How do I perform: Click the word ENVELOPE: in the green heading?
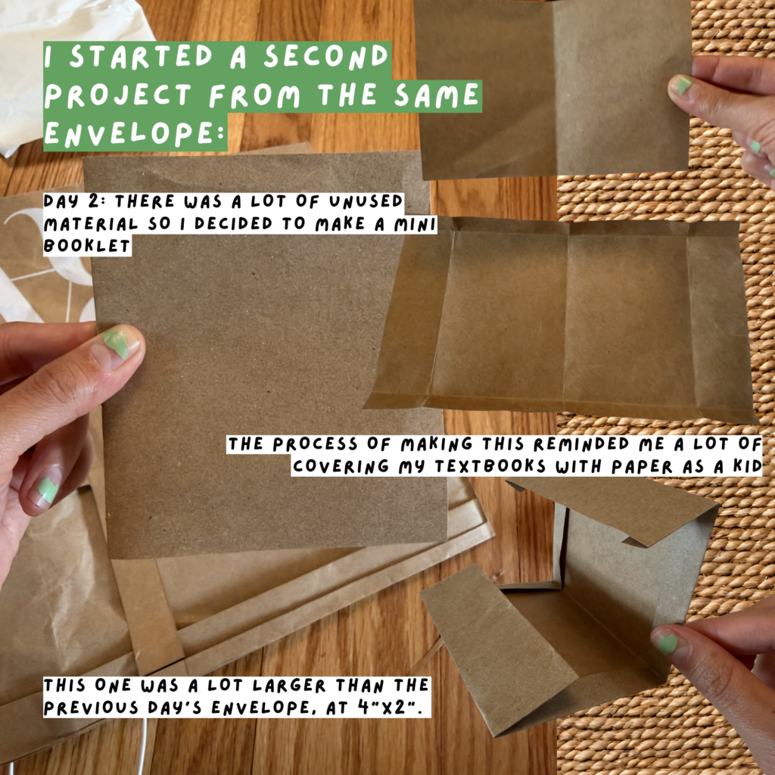point(135,132)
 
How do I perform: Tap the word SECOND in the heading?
point(325,56)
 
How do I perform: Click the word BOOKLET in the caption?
point(86,246)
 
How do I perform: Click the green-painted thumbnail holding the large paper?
point(117,343)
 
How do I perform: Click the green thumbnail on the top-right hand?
point(683,85)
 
